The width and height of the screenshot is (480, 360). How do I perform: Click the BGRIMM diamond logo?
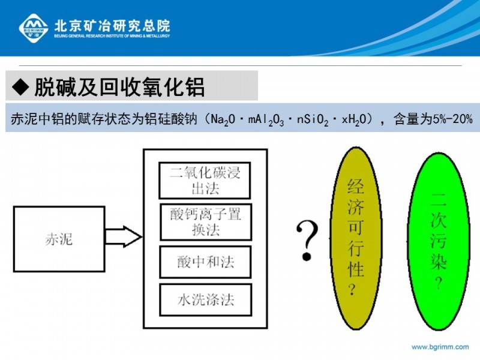point(34,28)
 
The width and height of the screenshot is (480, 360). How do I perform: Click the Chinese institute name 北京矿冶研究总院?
point(112,26)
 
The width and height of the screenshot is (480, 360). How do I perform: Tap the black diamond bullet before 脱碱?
point(20,87)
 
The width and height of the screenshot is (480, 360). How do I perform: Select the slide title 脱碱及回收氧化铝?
point(119,87)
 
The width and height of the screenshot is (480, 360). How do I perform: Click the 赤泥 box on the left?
point(59,239)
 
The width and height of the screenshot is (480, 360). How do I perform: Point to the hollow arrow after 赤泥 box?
point(124,236)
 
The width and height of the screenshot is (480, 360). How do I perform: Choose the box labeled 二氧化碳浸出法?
point(205,181)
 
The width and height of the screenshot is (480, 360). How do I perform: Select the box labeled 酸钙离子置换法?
point(206,222)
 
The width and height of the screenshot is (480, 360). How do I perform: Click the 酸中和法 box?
point(206,262)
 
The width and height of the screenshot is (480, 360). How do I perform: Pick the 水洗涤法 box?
point(206,300)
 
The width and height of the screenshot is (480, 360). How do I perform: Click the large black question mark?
point(307,241)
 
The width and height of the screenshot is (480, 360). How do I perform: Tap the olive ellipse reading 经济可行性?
point(356,238)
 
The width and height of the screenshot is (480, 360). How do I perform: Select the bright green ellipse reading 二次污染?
point(439,241)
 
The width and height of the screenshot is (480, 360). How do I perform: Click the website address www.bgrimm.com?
point(440,347)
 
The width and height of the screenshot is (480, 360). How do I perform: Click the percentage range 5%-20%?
point(453,119)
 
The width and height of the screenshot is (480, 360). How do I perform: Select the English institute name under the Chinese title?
point(112,36)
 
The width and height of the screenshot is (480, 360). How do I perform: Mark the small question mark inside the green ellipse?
point(439,283)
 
